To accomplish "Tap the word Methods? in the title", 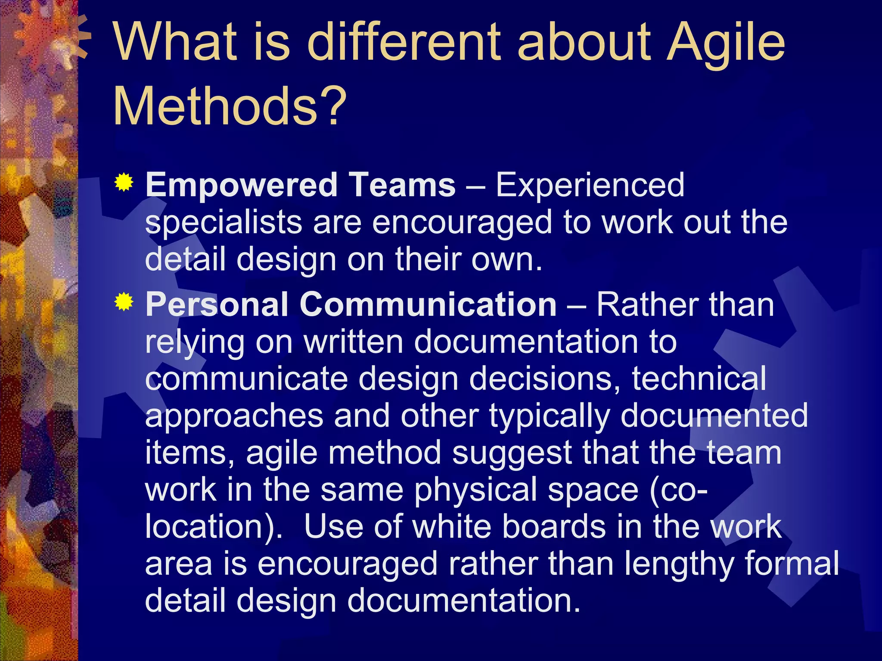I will [x=230, y=106].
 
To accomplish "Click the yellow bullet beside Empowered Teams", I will [x=124, y=182].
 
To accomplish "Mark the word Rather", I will [x=648, y=305].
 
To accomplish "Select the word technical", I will [x=699, y=379].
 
